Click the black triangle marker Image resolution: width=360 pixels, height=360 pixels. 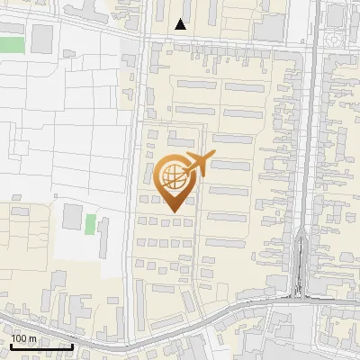[182, 24]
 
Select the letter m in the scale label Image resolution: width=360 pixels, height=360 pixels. [33, 338]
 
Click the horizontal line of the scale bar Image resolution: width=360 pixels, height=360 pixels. [41, 346]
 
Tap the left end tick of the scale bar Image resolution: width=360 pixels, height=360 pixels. [11, 345]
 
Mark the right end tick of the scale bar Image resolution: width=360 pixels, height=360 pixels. [73, 345]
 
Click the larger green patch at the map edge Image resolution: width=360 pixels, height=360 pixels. [11, 44]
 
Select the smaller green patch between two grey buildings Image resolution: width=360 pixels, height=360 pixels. [90, 223]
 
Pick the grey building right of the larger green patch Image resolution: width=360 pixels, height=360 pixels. [42, 39]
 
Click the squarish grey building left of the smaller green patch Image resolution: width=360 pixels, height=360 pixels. [70, 217]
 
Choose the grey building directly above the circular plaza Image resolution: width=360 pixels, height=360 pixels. [337, 14]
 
